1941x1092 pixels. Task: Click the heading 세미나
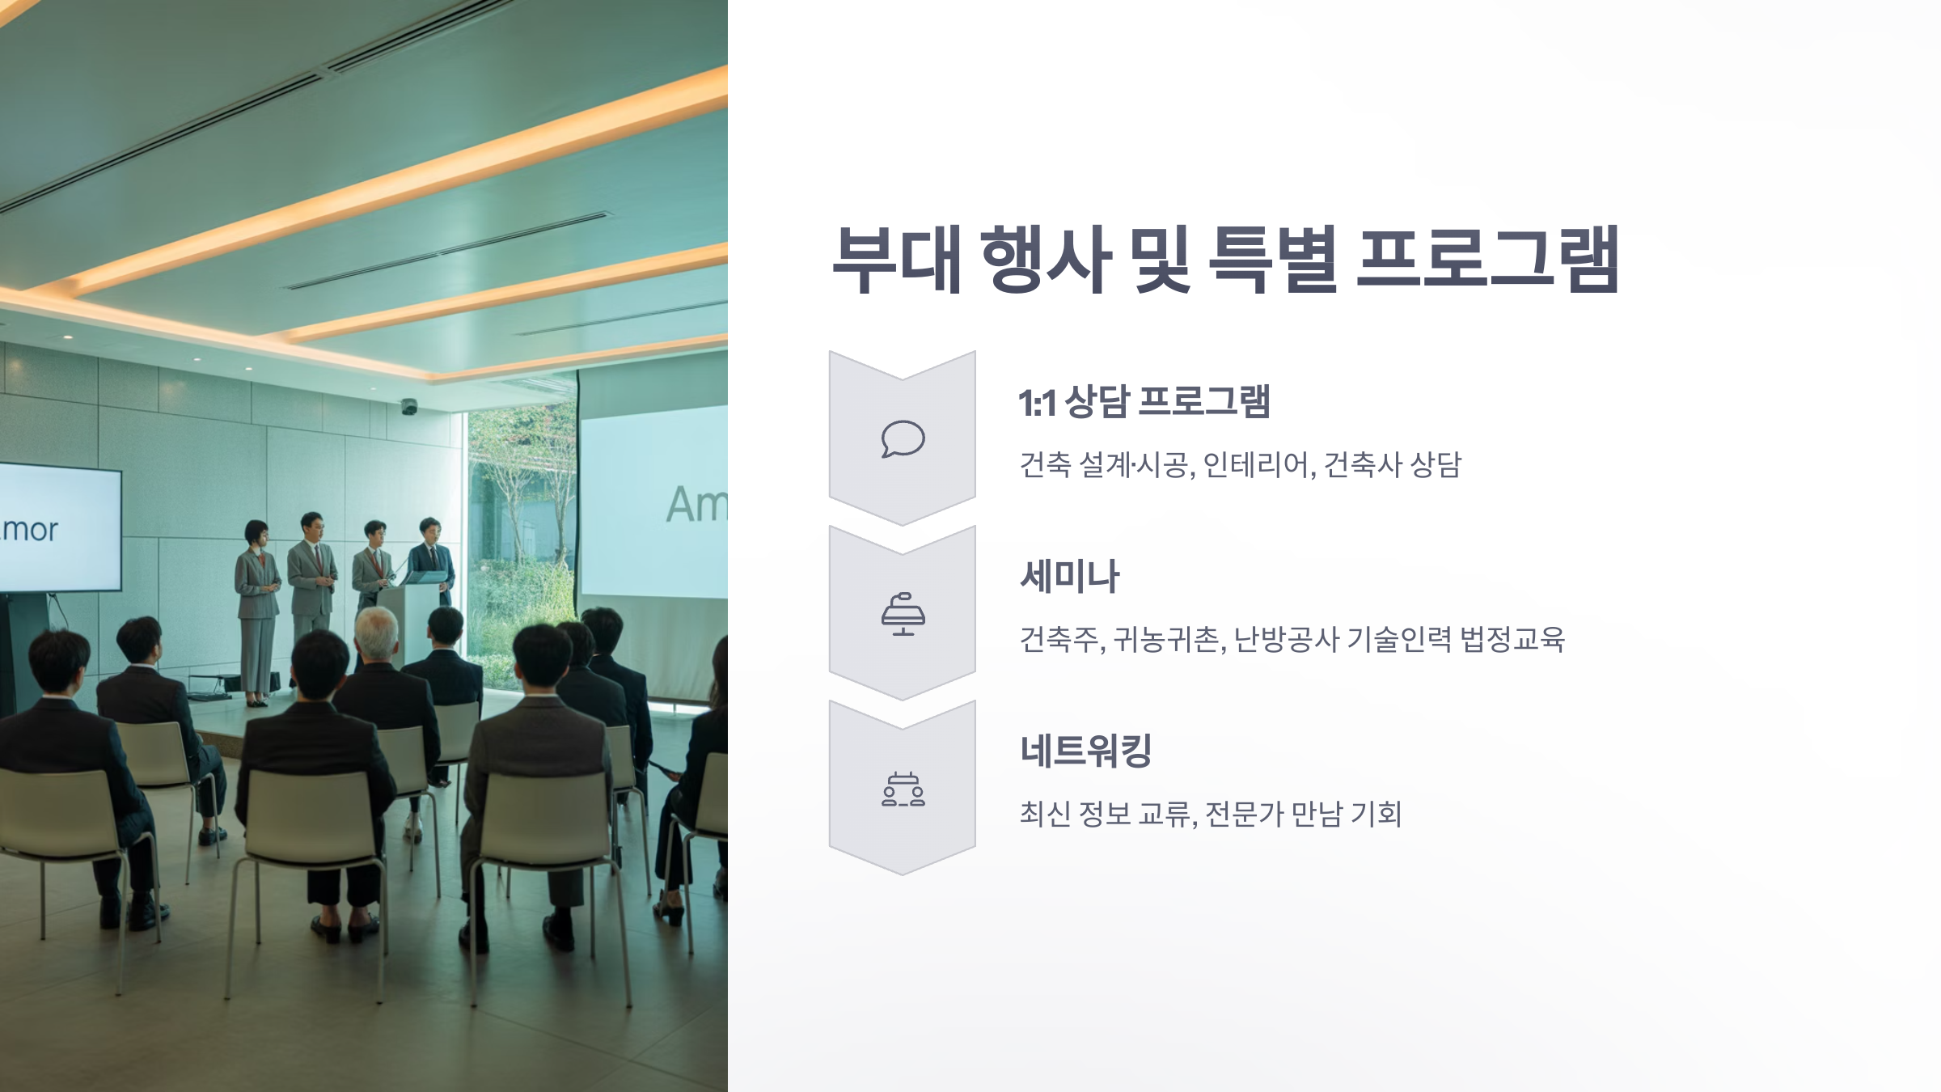(1069, 577)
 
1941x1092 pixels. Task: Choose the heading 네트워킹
(1085, 751)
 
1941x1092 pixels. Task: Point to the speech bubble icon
(903, 439)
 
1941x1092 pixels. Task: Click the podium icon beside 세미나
(903, 614)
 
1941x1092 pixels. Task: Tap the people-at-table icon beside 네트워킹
(903, 789)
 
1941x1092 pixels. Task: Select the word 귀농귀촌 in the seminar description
(1165, 640)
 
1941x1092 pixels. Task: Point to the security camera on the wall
(409, 406)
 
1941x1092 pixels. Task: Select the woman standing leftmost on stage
(257, 607)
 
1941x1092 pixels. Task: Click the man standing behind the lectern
(430, 558)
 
